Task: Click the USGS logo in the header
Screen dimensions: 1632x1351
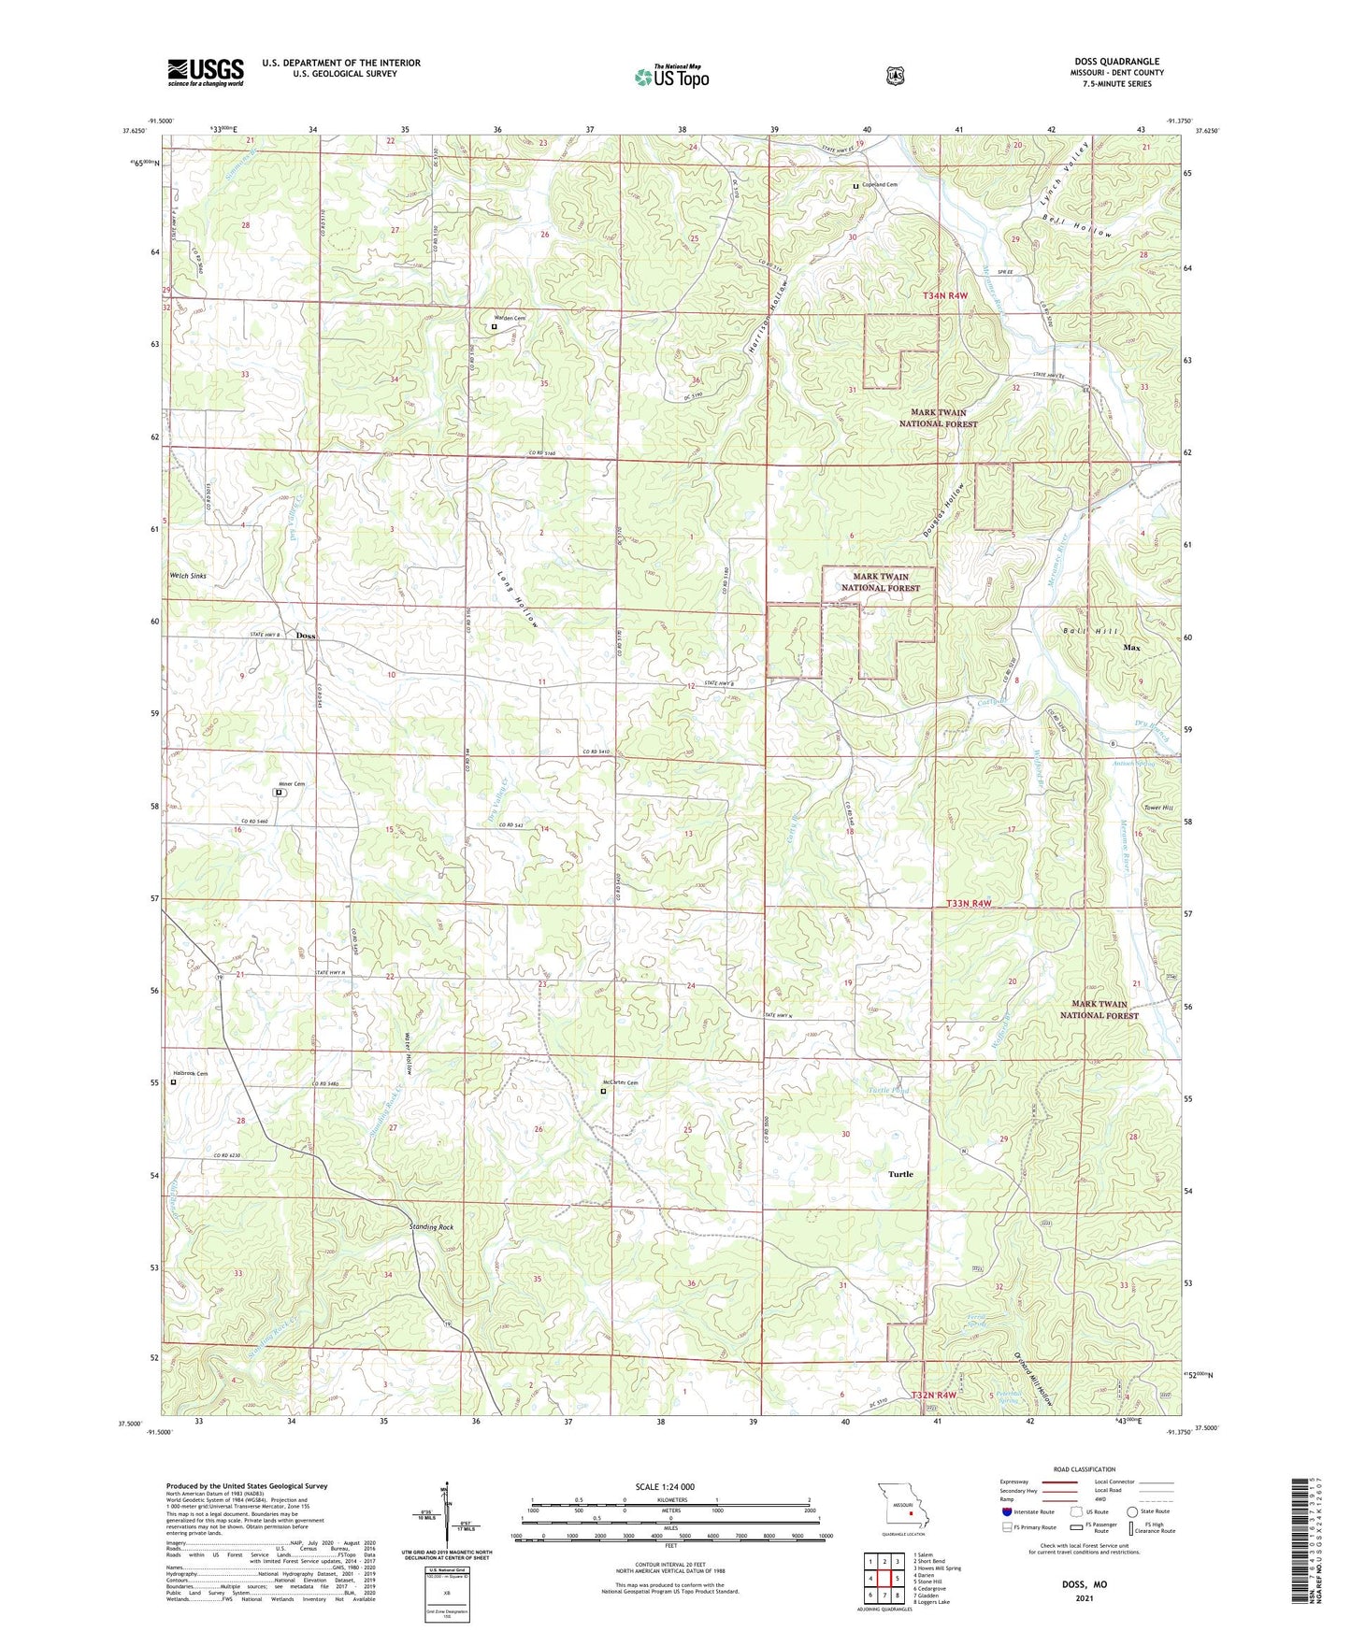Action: [x=206, y=72]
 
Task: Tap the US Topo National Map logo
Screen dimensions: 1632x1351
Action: [x=671, y=76]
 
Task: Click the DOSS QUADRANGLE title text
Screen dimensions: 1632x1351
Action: [x=1116, y=62]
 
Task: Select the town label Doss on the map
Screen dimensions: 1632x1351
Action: [x=306, y=636]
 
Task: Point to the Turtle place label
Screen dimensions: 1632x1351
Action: [x=900, y=1174]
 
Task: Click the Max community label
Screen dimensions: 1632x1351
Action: [x=1131, y=647]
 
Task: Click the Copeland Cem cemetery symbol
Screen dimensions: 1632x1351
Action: [x=855, y=186]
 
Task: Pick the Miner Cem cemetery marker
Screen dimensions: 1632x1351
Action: [x=279, y=793]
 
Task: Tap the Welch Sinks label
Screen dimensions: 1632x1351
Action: [x=187, y=576]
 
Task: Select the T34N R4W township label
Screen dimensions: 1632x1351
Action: [x=944, y=295]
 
